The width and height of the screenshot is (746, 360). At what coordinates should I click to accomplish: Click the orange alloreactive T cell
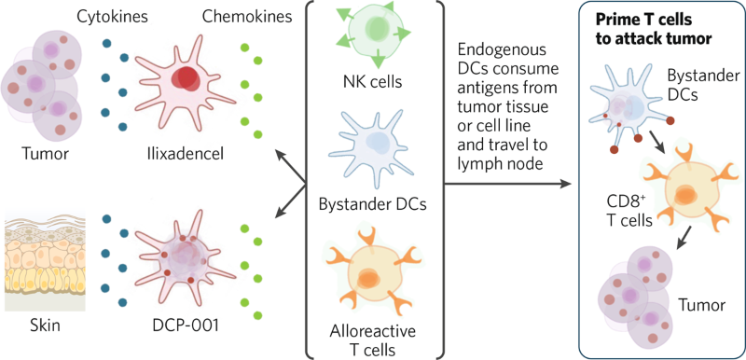point(371,270)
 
